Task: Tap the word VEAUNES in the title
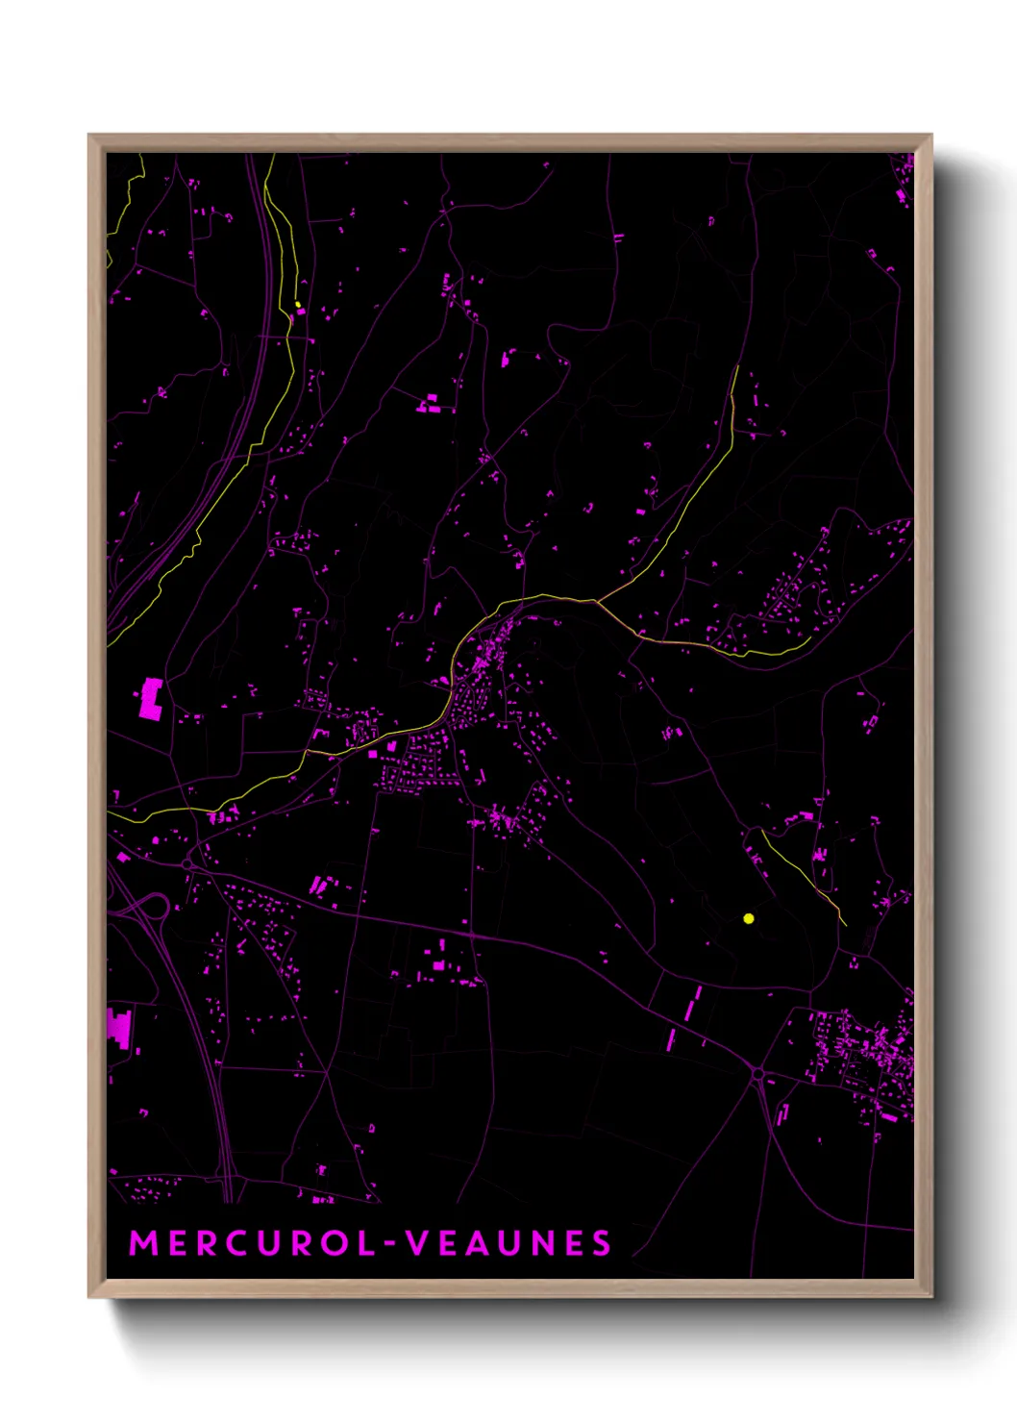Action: click(x=508, y=1243)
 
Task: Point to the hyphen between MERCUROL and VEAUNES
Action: click(x=390, y=1245)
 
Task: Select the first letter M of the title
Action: click(x=142, y=1243)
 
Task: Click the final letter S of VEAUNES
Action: click(x=602, y=1243)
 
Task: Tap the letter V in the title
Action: click(x=415, y=1243)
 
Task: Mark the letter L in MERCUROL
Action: click(x=365, y=1243)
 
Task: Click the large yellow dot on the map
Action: click(x=749, y=918)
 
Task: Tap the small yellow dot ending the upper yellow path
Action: click(x=298, y=304)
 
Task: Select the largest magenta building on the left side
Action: click(x=151, y=698)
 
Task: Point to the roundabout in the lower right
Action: click(x=758, y=1074)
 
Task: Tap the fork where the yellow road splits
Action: click(x=597, y=602)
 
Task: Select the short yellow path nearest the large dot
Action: click(x=803, y=875)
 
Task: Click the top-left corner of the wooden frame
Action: click(x=90, y=136)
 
